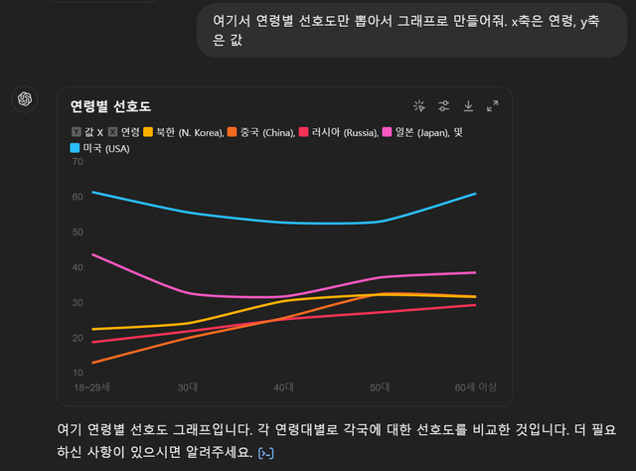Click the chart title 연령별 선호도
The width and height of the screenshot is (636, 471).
click(x=110, y=106)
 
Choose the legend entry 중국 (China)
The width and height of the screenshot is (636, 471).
click(x=268, y=131)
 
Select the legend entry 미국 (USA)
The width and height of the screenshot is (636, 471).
click(x=105, y=148)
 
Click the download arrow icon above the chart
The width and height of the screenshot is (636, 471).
click(x=468, y=105)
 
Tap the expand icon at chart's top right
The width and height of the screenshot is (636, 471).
click(x=492, y=105)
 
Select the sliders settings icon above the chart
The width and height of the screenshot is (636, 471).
click(x=444, y=105)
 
